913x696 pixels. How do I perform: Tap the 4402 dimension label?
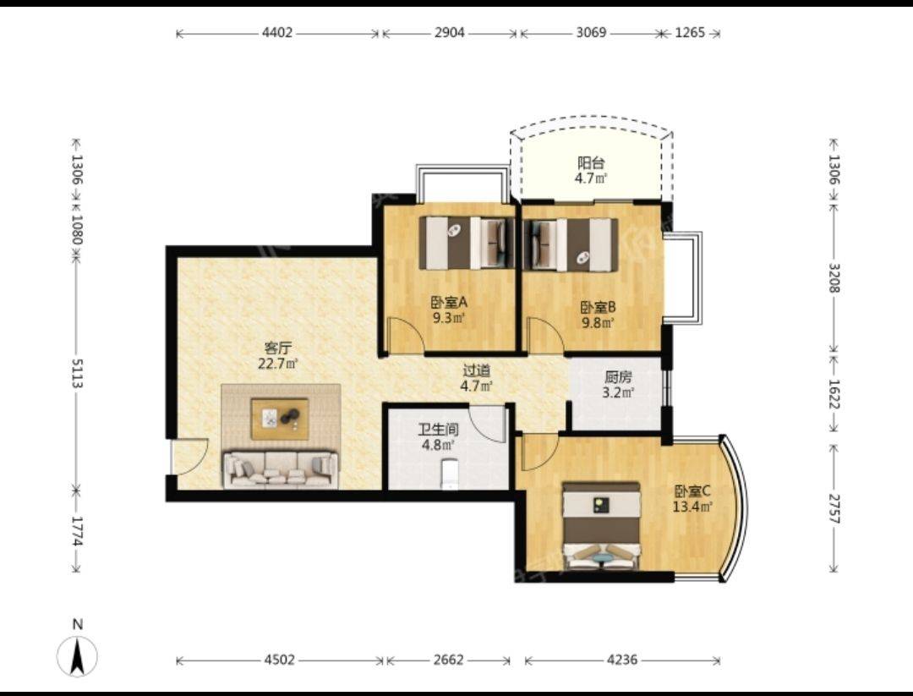pyautogui.click(x=277, y=33)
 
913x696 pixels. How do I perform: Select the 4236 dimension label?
pyautogui.click(x=622, y=660)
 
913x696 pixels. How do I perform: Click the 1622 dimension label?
pyautogui.click(x=834, y=395)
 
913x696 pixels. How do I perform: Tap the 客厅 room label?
pyautogui.click(x=278, y=348)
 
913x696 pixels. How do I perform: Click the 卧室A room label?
pyautogui.click(x=449, y=302)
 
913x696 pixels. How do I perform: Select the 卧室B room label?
pyautogui.click(x=599, y=306)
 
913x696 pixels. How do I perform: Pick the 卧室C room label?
pyautogui.click(x=692, y=490)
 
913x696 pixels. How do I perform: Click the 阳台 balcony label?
pyautogui.click(x=591, y=162)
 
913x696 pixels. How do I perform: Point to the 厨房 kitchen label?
pyautogui.click(x=618, y=377)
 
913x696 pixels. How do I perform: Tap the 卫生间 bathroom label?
pyautogui.click(x=439, y=430)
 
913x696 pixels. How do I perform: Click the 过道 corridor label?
pyautogui.click(x=476, y=370)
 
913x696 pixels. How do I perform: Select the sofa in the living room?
pyautogui.click(x=280, y=469)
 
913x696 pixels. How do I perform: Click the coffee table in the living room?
pyautogui.click(x=280, y=418)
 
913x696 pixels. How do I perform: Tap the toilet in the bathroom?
pyautogui.click(x=450, y=473)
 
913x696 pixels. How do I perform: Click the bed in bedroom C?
pyautogui.click(x=602, y=526)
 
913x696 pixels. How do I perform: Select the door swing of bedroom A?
pyautogui.click(x=405, y=335)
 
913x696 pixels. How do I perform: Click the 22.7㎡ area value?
pyautogui.click(x=278, y=364)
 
